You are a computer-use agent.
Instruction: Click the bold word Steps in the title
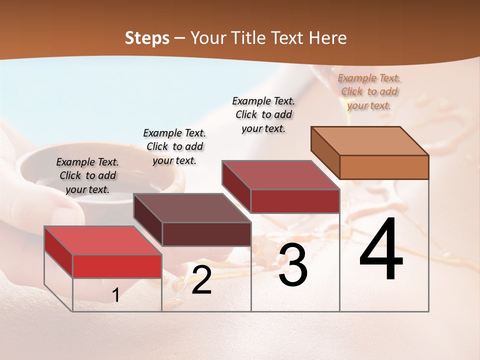tap(147, 38)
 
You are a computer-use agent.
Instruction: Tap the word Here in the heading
tap(328, 38)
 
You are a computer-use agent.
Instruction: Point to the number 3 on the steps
tap(292, 265)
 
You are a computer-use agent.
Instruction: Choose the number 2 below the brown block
tap(201, 280)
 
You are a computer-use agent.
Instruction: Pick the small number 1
tap(115, 295)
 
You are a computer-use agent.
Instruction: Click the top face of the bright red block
tap(102, 240)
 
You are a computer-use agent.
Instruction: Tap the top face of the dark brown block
tap(192, 208)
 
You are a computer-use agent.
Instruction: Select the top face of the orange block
tap(369, 141)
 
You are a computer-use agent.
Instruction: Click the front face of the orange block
tap(384, 167)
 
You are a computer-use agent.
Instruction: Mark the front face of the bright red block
tap(117, 266)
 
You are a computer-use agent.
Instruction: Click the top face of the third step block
tap(280, 175)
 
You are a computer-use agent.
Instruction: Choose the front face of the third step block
tap(295, 201)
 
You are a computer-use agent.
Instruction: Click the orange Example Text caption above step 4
tap(369, 91)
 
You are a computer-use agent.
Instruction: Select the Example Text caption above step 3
tap(263, 114)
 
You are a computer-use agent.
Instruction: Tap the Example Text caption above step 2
tap(174, 146)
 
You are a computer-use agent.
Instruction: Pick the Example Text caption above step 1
tap(87, 175)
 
